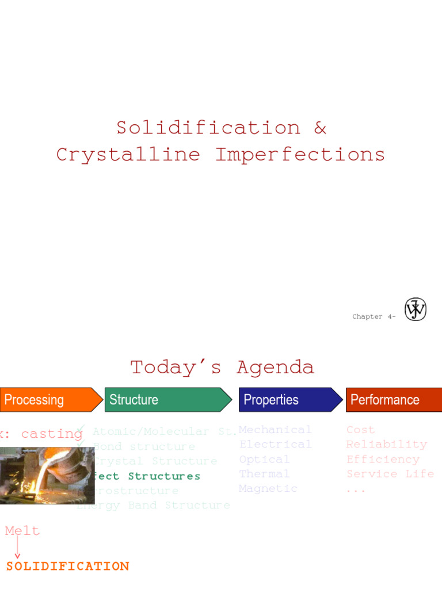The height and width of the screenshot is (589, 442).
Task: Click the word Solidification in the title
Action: point(208,128)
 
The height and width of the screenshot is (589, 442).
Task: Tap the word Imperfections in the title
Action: point(300,154)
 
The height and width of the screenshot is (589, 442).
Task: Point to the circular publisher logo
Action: point(416,309)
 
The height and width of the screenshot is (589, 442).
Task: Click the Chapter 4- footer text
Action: point(374,316)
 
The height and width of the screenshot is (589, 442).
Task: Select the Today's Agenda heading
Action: point(222,367)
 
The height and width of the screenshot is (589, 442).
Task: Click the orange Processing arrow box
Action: point(49,400)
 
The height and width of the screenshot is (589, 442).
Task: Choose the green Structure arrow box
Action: point(167,400)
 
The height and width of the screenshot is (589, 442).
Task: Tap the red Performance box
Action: point(394,400)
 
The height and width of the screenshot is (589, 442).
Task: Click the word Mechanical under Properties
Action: point(275,430)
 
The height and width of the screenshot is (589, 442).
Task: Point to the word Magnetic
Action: point(268,488)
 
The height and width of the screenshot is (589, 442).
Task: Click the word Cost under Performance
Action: point(360,430)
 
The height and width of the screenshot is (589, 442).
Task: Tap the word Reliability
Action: point(386,444)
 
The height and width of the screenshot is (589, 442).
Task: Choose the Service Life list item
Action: point(390,474)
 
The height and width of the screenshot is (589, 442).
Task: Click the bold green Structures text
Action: point(164,476)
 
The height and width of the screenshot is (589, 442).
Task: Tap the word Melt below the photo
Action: point(22,531)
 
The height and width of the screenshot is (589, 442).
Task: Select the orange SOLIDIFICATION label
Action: point(67,567)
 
